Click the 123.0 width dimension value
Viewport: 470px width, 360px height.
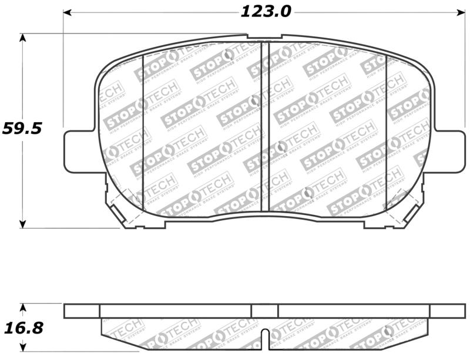[266, 11]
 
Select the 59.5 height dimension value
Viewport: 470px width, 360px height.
[22, 129]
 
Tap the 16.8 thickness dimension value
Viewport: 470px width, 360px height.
[22, 327]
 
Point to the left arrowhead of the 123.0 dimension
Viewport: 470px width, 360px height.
[68, 12]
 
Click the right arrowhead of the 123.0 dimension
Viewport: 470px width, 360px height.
[460, 12]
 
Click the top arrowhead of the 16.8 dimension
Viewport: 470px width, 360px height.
[23, 307]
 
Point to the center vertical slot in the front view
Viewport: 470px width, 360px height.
[264, 126]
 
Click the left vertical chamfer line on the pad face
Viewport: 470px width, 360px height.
[144, 129]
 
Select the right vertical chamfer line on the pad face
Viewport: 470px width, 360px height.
[387, 129]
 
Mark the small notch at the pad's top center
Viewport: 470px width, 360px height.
[264, 37]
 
